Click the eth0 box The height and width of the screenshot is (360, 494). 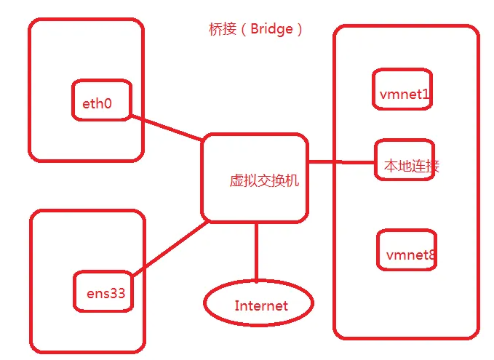click(101, 100)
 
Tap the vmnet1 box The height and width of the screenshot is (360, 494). click(402, 89)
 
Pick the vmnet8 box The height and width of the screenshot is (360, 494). click(407, 249)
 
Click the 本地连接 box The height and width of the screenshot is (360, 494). click(405, 160)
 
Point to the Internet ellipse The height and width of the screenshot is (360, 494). click(258, 304)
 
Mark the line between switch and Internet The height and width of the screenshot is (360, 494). click(256, 252)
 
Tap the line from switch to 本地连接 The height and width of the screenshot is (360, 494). click(340, 161)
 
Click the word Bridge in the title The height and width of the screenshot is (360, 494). click(271, 30)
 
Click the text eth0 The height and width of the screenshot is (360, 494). click(97, 103)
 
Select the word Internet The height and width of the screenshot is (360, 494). click(261, 305)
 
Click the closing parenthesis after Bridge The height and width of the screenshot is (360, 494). click(299, 30)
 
